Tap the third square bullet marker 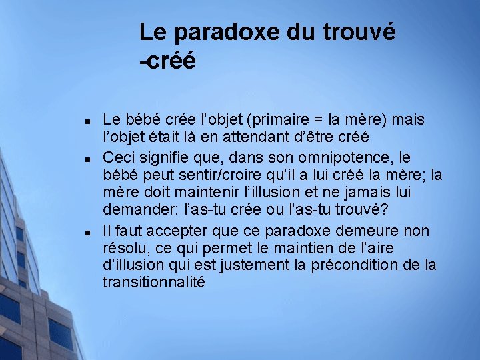pyautogui.click(x=88, y=233)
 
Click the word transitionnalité pyautogui.click(x=154, y=283)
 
